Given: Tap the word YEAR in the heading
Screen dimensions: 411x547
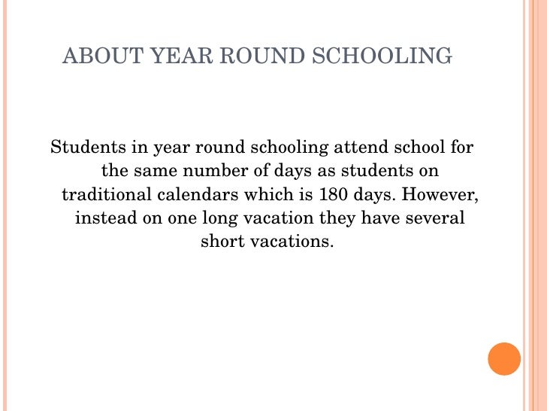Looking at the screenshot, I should coord(168,56).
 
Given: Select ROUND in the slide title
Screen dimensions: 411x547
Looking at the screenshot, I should coord(251,56).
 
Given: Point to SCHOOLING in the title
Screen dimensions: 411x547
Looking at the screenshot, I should coord(376,56).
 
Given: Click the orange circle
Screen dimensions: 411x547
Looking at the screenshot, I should coord(504,359).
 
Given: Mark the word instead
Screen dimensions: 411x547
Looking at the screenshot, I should coord(102,218).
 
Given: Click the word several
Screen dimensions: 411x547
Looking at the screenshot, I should coord(437,218).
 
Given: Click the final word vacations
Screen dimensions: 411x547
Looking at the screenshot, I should coord(291,242).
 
